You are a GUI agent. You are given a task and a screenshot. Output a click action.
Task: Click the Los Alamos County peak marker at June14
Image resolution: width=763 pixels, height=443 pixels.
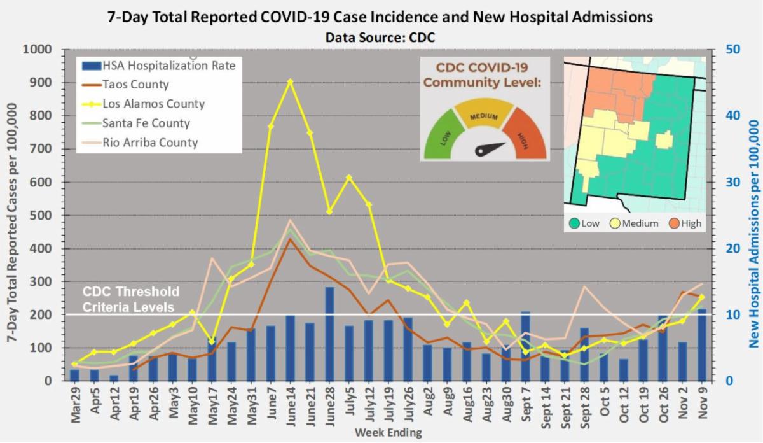click(290, 81)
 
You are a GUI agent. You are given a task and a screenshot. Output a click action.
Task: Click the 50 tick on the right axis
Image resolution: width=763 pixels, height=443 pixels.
click(724, 50)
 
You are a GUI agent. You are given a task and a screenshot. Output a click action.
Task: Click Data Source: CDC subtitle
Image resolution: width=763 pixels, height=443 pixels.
click(380, 38)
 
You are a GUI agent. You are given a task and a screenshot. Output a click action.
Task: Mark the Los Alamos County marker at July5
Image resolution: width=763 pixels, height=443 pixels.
click(348, 177)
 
